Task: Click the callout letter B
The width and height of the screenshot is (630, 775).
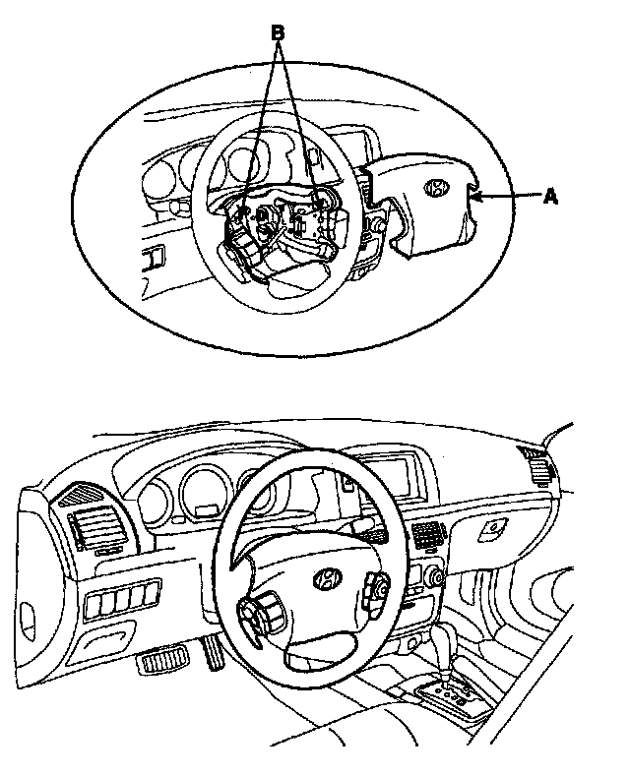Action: click(278, 32)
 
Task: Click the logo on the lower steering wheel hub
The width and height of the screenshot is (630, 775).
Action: click(324, 580)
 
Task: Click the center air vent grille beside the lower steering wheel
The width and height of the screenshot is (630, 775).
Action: click(426, 537)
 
